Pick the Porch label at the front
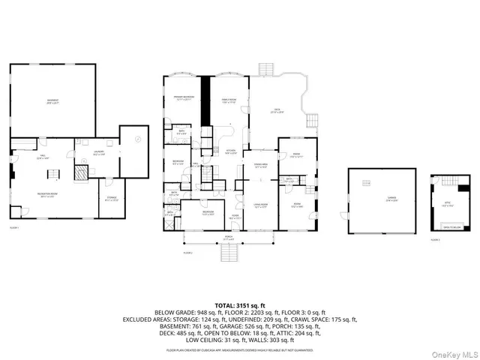tap(229, 239)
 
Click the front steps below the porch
tap(229, 255)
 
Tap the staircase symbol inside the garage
tap(367, 182)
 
